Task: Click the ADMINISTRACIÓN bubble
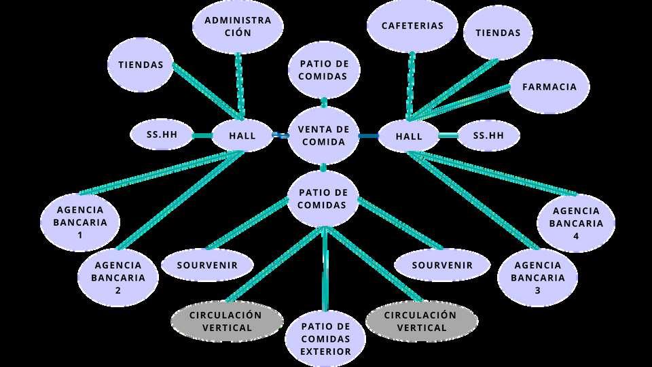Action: coord(238,26)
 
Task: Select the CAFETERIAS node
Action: coord(412,26)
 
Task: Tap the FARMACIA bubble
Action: coord(549,86)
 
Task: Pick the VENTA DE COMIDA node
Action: coord(323,135)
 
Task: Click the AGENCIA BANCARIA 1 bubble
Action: coord(80,222)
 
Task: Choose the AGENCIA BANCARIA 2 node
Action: coord(119,277)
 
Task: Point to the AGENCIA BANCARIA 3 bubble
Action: coord(538,277)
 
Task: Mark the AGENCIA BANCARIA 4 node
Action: coord(576,223)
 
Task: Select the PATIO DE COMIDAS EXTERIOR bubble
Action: coord(326,338)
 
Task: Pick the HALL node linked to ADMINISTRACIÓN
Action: coord(242,135)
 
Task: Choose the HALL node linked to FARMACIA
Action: coord(409,136)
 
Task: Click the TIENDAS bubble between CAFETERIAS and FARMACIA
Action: coord(498,33)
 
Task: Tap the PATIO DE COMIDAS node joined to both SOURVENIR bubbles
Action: coord(323,198)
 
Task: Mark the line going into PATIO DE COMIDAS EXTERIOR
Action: coord(326,272)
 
